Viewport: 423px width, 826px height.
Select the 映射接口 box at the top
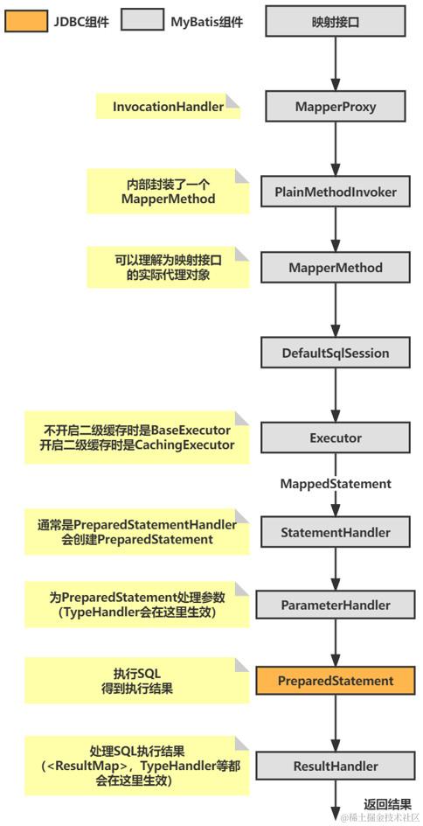coord(335,21)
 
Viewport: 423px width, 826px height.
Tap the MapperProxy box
coord(335,107)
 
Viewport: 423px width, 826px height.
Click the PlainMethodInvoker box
coord(335,192)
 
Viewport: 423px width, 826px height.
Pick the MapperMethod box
coord(335,268)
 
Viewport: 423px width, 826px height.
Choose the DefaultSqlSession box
coord(335,353)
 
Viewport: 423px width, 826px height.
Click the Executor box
coord(335,437)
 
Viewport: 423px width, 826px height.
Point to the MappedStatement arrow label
coord(335,483)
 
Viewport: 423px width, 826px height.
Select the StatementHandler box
coord(335,531)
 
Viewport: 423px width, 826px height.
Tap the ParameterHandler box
coord(335,605)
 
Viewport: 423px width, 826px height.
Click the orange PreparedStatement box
coord(335,680)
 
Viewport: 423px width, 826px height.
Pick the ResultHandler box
coord(335,766)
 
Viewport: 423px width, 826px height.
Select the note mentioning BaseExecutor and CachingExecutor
coord(136,437)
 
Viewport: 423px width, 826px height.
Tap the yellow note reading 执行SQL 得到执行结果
coord(136,680)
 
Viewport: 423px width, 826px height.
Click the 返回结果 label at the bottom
coord(387,803)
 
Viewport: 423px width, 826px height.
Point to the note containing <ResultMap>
coord(136,765)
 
